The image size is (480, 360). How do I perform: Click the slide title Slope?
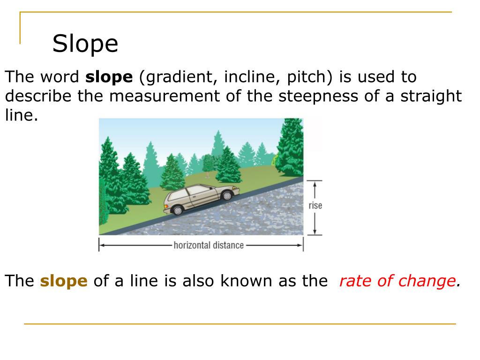point(85,44)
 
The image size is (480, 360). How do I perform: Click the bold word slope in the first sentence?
point(109,77)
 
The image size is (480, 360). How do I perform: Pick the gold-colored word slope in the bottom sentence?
point(64,281)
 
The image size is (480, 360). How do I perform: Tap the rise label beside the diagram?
point(315,205)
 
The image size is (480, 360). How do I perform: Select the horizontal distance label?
point(209,245)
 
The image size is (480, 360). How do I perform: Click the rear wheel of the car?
point(178,210)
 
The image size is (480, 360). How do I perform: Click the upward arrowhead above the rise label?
point(315,184)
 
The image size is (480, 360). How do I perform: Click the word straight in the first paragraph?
point(431,97)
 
